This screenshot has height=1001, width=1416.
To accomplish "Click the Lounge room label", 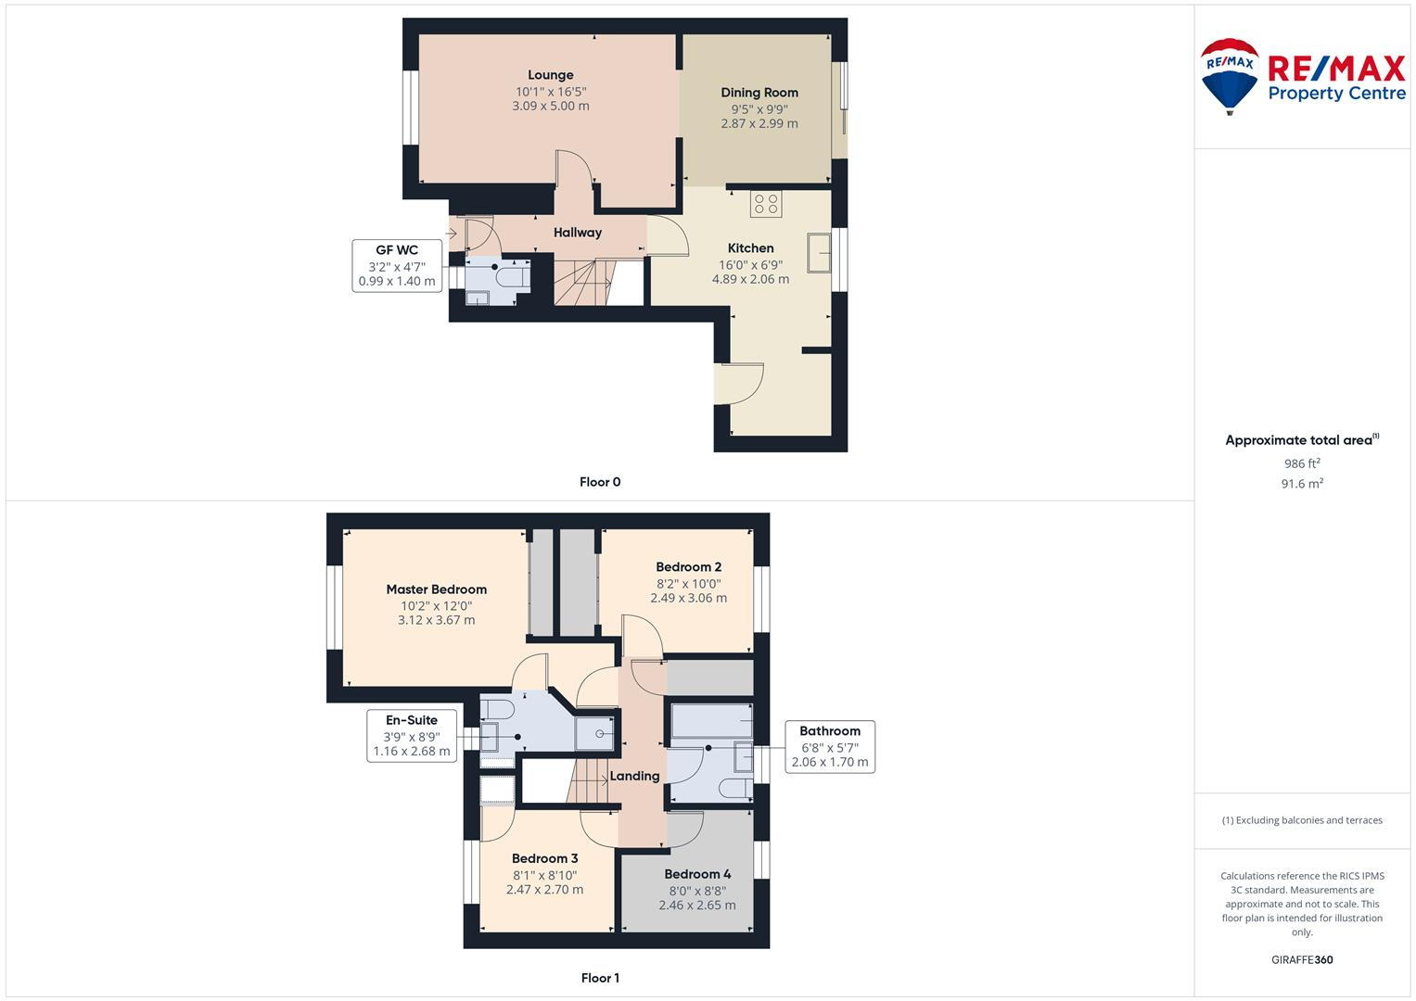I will (551, 75).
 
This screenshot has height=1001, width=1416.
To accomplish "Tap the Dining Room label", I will (759, 93).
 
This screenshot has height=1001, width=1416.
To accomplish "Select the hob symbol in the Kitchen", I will (766, 204).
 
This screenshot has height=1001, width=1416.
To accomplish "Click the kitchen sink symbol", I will (819, 252).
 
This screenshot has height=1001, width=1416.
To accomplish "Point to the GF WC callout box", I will (397, 266).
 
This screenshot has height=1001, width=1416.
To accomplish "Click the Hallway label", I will (578, 233).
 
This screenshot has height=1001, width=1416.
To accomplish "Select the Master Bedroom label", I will (436, 589).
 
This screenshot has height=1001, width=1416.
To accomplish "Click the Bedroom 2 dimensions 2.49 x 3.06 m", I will (688, 598).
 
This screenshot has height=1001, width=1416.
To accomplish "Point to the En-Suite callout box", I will (412, 736).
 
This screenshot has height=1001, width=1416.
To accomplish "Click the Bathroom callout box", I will (830, 747).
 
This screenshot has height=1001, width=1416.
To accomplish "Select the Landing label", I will (635, 776).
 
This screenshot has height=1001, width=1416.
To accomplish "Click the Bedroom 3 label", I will (544, 858).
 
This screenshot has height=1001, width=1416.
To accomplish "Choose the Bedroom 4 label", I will (697, 874).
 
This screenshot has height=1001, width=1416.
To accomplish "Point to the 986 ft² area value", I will (1302, 463).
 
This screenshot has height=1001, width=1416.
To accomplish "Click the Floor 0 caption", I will (600, 482).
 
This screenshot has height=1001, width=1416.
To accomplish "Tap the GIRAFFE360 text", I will (1302, 960).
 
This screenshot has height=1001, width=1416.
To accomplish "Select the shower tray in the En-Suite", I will (594, 733).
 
